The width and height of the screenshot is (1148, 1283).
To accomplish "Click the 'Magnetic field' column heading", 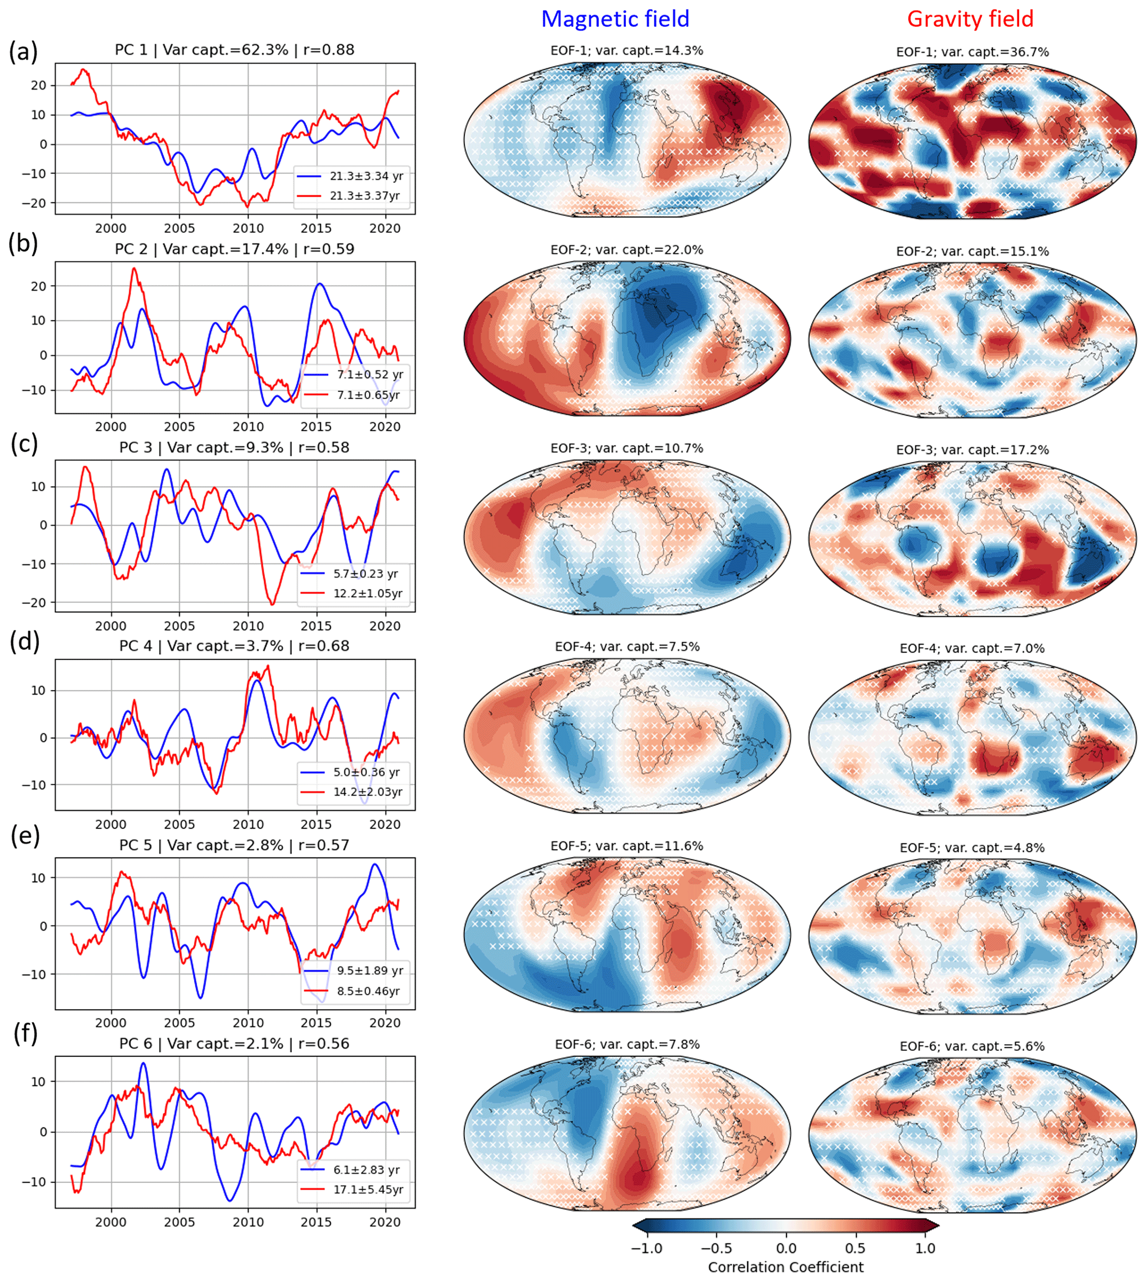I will pyautogui.click(x=615, y=19).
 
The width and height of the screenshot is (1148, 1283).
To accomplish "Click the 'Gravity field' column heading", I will pyautogui.click(x=970, y=19).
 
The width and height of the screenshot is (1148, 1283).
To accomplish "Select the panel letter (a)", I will pyautogui.click(x=23, y=52).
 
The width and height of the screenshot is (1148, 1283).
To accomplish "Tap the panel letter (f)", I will pyautogui.click(x=25, y=1033).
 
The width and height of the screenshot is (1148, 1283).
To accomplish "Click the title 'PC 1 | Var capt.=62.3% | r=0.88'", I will pyautogui.click(x=234, y=50).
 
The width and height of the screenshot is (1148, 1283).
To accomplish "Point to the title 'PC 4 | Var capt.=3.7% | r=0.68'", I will pyautogui.click(x=234, y=646).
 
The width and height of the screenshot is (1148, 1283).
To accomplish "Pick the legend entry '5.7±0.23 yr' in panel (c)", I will pyautogui.click(x=366, y=573).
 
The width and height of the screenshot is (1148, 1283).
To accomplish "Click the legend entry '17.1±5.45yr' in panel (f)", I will pyautogui.click(x=368, y=1190).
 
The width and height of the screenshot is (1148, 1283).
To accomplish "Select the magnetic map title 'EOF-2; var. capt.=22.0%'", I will pyautogui.click(x=626, y=250).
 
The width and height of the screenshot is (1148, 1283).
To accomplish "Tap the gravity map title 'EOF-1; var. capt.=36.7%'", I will pyautogui.click(x=972, y=52).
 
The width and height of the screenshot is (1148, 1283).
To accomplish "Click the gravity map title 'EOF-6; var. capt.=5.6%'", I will pyautogui.click(x=972, y=1046).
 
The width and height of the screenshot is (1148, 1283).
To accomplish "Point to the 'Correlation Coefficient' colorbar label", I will pyautogui.click(x=785, y=1267).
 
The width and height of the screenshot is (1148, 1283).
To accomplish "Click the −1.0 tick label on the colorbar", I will pyautogui.click(x=646, y=1249).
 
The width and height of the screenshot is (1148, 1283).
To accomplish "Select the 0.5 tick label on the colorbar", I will pyautogui.click(x=855, y=1249).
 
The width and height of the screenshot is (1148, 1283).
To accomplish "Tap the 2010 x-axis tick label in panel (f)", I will pyautogui.click(x=248, y=1222).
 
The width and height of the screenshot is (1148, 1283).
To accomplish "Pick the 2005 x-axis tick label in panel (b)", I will pyautogui.click(x=179, y=427).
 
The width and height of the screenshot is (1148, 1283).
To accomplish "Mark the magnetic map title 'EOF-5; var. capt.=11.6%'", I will pyautogui.click(x=626, y=846).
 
